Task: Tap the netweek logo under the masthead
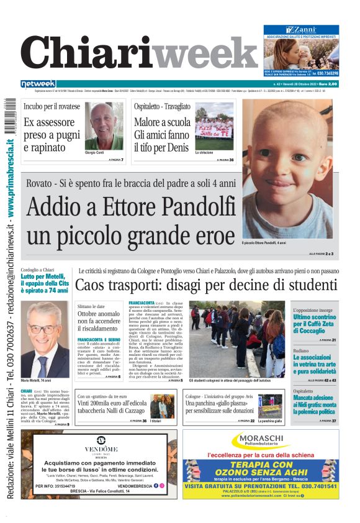38,84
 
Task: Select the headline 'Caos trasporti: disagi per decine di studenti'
206,286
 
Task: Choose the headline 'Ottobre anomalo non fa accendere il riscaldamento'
100,323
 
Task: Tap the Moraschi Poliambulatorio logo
260,442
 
